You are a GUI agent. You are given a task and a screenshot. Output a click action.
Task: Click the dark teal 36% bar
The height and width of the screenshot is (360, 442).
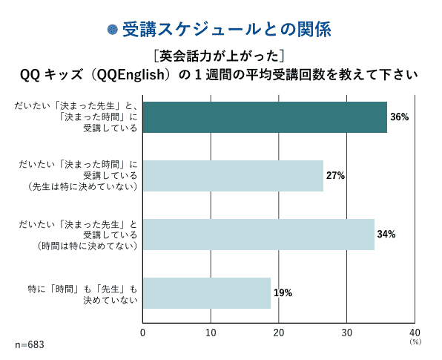point(264,117)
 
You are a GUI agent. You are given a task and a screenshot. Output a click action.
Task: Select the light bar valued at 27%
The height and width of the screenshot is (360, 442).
point(233,176)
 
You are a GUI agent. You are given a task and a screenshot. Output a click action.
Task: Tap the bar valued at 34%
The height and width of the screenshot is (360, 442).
point(258,234)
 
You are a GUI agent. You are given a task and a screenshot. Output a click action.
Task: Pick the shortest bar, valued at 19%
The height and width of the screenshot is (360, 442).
point(206,292)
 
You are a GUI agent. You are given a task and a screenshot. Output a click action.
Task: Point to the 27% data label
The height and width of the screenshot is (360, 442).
point(336,176)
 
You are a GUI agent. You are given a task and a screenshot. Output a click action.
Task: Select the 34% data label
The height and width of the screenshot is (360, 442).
point(386,234)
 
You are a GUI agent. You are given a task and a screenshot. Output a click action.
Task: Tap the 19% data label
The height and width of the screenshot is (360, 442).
point(283,292)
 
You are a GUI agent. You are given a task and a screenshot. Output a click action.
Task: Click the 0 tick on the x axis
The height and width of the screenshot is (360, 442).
point(142,333)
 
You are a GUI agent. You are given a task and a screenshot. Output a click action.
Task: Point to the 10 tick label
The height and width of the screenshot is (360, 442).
point(211,333)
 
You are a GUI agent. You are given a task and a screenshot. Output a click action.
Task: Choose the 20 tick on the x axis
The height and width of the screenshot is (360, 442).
point(279,333)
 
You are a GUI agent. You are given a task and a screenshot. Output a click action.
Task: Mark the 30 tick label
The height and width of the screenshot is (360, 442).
point(346,333)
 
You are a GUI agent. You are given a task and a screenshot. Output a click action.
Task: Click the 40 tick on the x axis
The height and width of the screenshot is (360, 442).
point(415,333)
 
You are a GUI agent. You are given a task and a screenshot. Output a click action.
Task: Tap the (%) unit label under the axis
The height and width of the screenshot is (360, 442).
point(415,342)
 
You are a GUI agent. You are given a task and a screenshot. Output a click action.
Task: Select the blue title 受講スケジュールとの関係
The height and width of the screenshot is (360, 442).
point(225,30)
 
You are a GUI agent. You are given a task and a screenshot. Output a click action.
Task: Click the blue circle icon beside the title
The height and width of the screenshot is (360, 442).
point(113,30)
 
